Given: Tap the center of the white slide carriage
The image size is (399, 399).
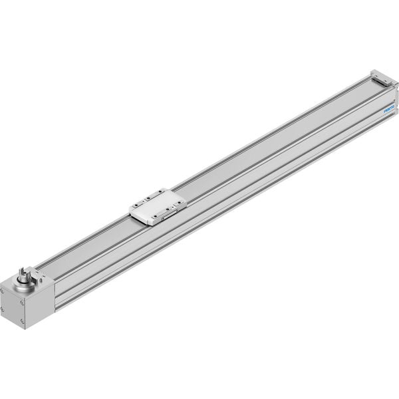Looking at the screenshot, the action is [158, 206].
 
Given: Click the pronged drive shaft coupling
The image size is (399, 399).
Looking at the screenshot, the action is [25, 275].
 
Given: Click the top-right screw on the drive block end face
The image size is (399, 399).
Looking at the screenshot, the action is [23, 303].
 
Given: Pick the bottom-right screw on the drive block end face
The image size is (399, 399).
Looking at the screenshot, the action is [23, 321].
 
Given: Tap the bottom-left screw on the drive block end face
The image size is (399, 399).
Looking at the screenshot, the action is [2, 309].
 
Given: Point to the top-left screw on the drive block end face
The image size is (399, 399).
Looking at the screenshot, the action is [2, 291].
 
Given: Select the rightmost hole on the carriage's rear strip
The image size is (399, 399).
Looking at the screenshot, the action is [160, 192].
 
